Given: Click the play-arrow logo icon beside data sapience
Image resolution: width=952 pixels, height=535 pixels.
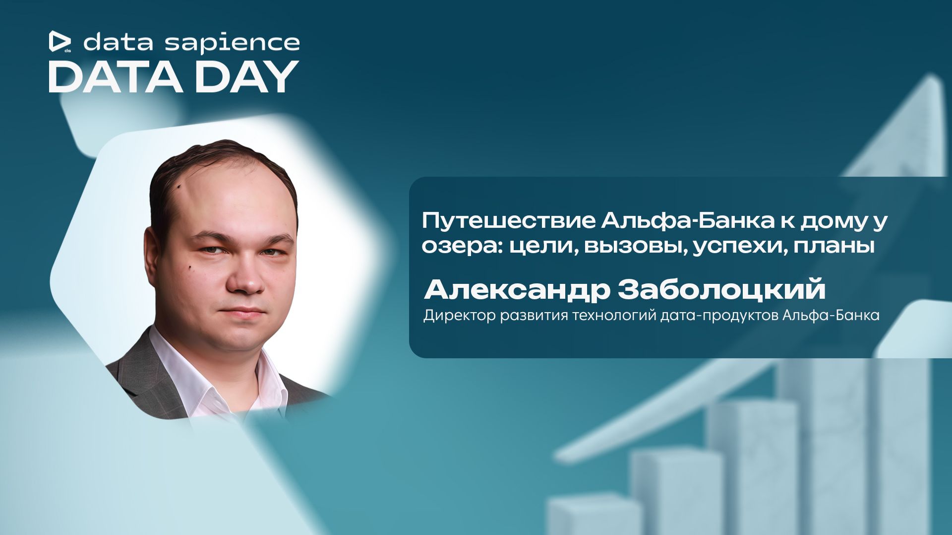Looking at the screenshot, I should tap(59, 41).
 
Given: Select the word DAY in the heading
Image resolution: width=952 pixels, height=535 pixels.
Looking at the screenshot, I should tap(246, 77).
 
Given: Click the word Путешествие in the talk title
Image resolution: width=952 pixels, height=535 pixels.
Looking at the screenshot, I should tap(508, 221).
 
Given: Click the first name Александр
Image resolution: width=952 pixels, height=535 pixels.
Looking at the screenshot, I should tap(517, 289).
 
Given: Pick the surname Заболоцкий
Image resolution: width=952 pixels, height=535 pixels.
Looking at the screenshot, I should tap(721, 289).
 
